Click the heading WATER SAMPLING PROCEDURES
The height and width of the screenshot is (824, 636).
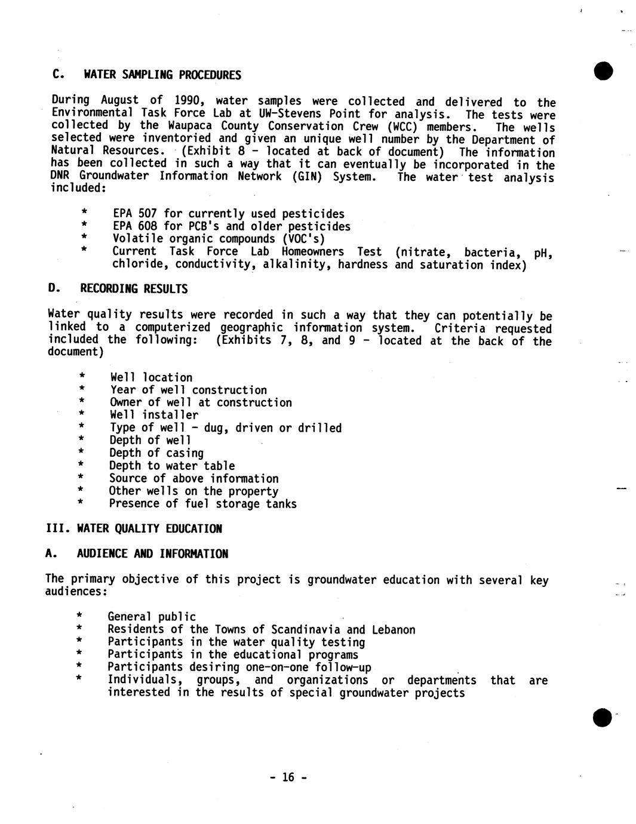tap(162, 75)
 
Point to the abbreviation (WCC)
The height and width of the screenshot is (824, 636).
tap(403, 126)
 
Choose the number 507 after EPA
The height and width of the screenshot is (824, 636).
tap(148, 214)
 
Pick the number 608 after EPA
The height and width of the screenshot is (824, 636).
tap(148, 226)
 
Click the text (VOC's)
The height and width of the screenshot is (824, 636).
tap(304, 239)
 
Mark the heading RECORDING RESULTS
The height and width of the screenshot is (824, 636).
tap(134, 289)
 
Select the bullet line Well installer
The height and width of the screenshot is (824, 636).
tap(154, 415)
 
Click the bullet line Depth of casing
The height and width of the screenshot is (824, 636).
tap(156, 453)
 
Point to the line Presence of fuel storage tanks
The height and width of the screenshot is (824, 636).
tap(202, 503)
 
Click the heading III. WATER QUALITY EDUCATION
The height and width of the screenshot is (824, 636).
tap(134, 528)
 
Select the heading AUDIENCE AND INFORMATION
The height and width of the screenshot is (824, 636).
tap(152, 554)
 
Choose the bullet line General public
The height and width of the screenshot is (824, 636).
tap(152, 616)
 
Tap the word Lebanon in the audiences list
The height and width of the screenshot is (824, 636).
tap(393, 629)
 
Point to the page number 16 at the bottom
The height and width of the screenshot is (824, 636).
tap(288, 777)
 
